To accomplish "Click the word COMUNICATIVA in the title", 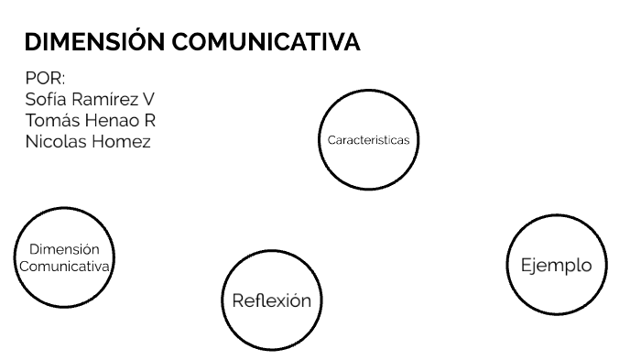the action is click(266, 42).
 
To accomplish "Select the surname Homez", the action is click(121, 141).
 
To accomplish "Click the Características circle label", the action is click(368, 140).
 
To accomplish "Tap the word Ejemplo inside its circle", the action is click(556, 265).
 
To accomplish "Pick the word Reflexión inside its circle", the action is click(271, 300).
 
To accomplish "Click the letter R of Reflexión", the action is click(237, 300).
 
